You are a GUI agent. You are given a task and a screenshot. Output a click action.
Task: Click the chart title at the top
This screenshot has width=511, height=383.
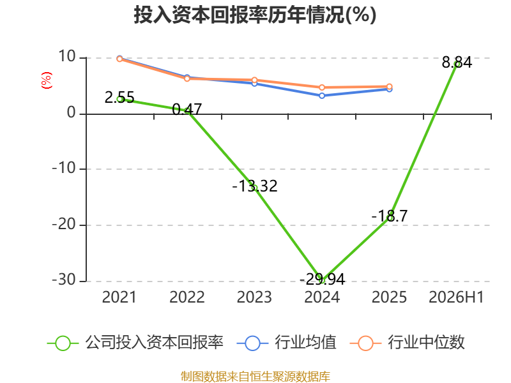(255, 15)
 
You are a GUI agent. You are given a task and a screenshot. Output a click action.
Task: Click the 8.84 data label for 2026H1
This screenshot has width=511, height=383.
(457, 62)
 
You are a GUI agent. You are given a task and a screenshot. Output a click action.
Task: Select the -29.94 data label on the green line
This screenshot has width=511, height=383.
(322, 279)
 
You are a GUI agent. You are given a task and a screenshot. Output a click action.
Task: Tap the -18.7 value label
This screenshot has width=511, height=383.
(390, 216)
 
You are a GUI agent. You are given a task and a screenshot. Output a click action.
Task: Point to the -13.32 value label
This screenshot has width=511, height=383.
(255, 186)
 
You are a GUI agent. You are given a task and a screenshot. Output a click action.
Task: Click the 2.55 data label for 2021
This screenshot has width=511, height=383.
(119, 98)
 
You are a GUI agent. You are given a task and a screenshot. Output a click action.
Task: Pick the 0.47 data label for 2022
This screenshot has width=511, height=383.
(187, 109)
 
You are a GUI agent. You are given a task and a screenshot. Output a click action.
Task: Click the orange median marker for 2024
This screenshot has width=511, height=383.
(322, 87)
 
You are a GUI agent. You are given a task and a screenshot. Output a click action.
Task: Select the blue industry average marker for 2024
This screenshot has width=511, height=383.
(322, 96)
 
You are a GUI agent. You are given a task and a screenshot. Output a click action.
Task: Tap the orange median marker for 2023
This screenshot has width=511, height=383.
(254, 80)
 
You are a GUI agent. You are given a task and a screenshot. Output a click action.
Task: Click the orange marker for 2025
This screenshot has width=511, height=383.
(390, 87)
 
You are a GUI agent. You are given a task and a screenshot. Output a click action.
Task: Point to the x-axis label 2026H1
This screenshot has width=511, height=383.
(456, 297)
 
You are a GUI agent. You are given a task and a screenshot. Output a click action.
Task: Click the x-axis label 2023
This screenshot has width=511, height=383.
(254, 297)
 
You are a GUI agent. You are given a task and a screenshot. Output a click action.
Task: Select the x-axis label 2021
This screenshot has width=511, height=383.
(119, 297)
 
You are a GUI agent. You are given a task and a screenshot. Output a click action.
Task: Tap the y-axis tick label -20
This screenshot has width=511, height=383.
(64, 225)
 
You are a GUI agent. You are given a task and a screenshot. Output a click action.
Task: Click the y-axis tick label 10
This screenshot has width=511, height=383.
(67, 57)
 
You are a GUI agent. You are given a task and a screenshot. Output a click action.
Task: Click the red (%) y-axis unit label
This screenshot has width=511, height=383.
(47, 80)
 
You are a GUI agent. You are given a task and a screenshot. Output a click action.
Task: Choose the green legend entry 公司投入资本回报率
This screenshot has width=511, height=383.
(135, 343)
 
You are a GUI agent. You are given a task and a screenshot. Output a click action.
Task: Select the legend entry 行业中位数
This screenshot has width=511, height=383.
(408, 343)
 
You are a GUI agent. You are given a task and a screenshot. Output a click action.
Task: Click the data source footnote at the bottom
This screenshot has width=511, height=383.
(256, 377)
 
